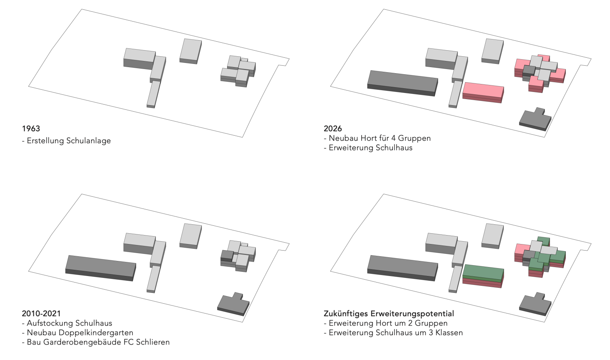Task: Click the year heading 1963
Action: tap(31, 128)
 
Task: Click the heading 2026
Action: tap(333, 128)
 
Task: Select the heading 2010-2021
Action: tap(41, 313)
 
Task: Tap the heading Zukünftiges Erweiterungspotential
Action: tap(389, 314)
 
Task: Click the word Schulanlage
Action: tap(89, 140)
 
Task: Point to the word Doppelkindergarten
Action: tap(96, 333)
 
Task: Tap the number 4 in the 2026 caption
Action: tap(393, 138)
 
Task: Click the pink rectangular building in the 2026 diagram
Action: tap(483, 93)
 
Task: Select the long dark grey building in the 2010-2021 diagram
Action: tap(100, 268)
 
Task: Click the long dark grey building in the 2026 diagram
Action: tap(403, 83)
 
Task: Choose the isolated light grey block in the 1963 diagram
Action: tap(191, 51)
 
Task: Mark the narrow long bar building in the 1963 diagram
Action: tap(154, 94)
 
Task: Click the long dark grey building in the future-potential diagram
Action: tap(403, 268)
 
